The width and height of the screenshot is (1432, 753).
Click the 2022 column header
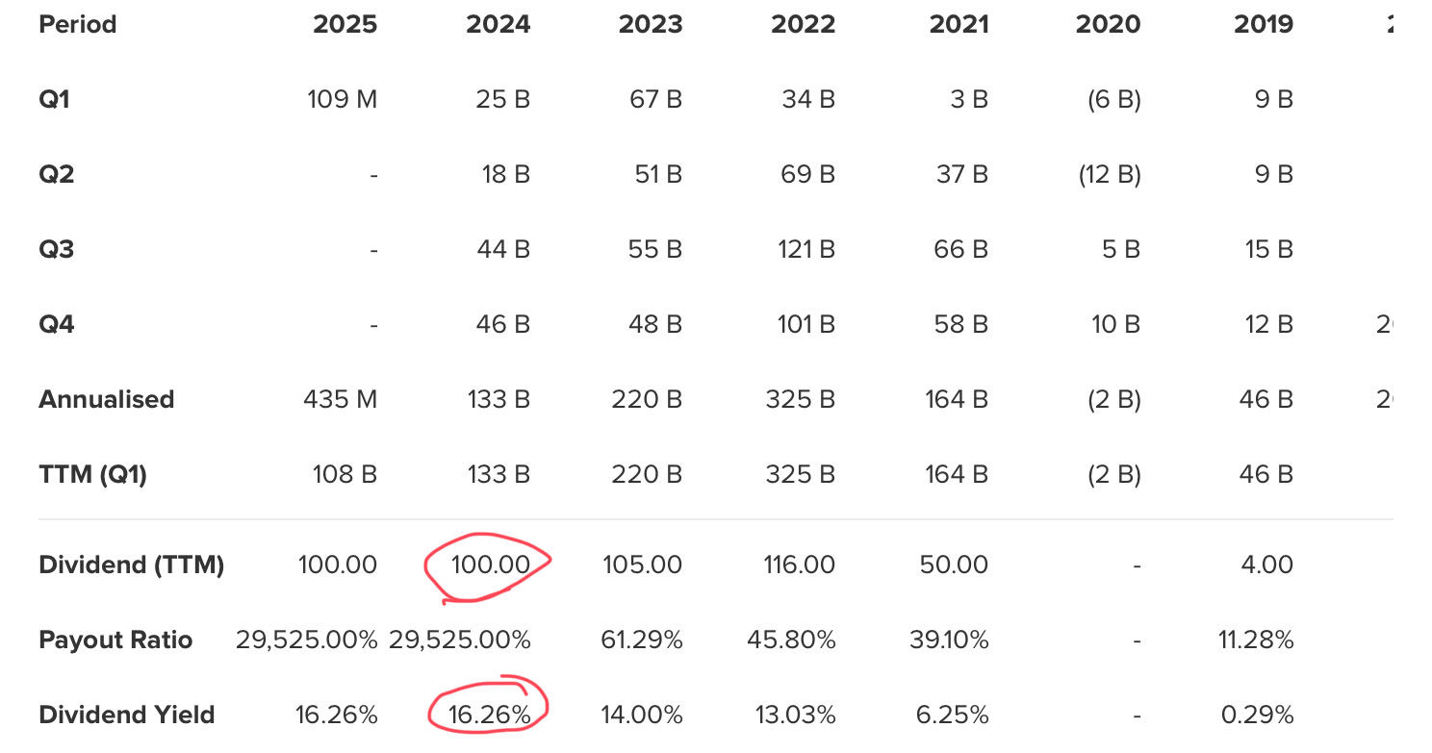803,24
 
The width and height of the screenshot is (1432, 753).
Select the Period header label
77,24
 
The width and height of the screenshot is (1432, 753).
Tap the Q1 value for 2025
342,99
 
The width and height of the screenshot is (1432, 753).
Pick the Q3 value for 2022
805,249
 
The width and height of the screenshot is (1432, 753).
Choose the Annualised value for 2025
339,399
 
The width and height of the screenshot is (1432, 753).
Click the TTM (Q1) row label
92,474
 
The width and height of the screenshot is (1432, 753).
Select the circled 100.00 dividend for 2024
490,565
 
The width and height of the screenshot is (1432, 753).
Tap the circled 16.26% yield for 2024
490,715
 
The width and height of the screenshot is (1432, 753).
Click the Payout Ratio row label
115,640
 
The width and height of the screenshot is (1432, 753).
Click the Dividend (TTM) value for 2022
798,565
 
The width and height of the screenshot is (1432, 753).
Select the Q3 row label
56,249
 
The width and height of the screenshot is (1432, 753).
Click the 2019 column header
1264,24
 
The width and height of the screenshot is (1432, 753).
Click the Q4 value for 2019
1267,324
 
